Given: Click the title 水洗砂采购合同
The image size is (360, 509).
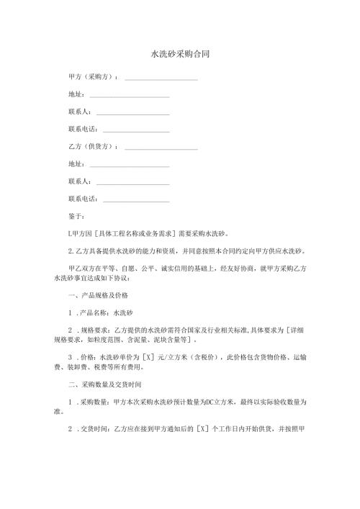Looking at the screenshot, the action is (x=180, y=54).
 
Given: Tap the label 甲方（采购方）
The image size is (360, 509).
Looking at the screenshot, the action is (x=93, y=76).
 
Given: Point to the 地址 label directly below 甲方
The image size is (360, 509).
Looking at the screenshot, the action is (x=76, y=94).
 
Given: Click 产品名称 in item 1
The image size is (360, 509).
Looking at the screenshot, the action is (x=94, y=314).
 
